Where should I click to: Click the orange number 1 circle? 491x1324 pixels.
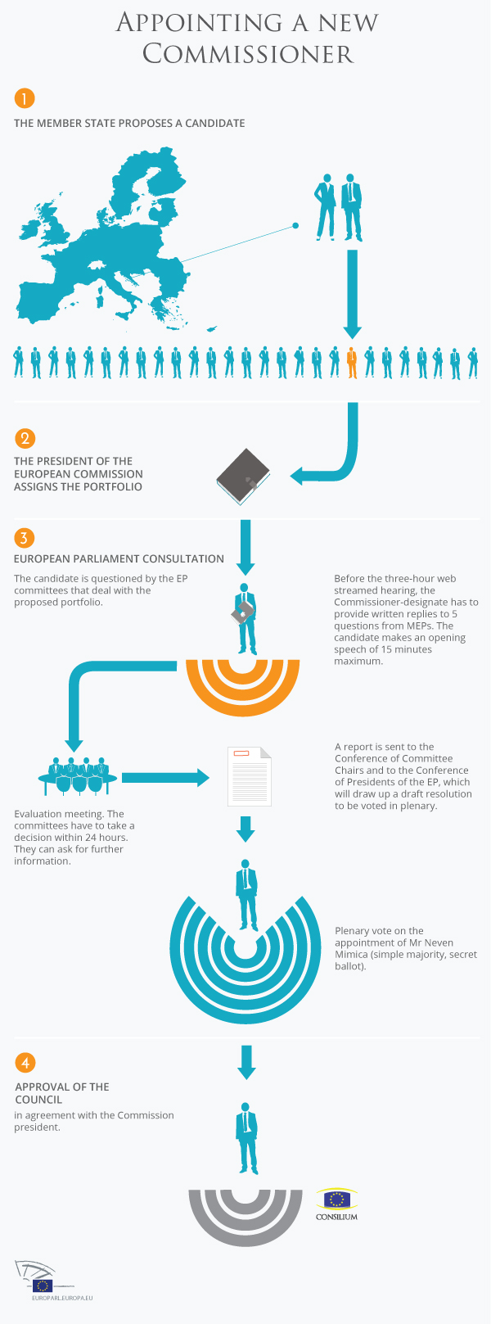pos(25,98)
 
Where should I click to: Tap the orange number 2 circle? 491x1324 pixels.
pos(25,438)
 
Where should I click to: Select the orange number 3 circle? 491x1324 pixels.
pos(25,538)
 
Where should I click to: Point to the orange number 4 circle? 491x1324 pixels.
pos(25,1062)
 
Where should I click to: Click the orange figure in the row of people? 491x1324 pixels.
pos(352,362)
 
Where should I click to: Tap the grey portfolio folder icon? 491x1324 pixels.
pos(243,477)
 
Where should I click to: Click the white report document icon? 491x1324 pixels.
pos(250,776)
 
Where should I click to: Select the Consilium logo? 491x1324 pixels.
pos(337,1204)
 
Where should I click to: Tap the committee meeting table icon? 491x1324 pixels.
pos(78,775)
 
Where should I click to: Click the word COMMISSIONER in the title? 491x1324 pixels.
pos(248,54)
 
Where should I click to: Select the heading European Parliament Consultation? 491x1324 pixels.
pos(119,558)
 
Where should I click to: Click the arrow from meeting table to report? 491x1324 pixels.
pos(165,777)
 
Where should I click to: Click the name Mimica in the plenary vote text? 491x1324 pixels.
pos(352,954)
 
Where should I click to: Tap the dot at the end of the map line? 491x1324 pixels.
pos(295,225)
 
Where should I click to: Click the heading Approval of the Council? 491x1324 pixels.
pos(62,1093)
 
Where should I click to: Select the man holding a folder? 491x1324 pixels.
pos(244,618)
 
